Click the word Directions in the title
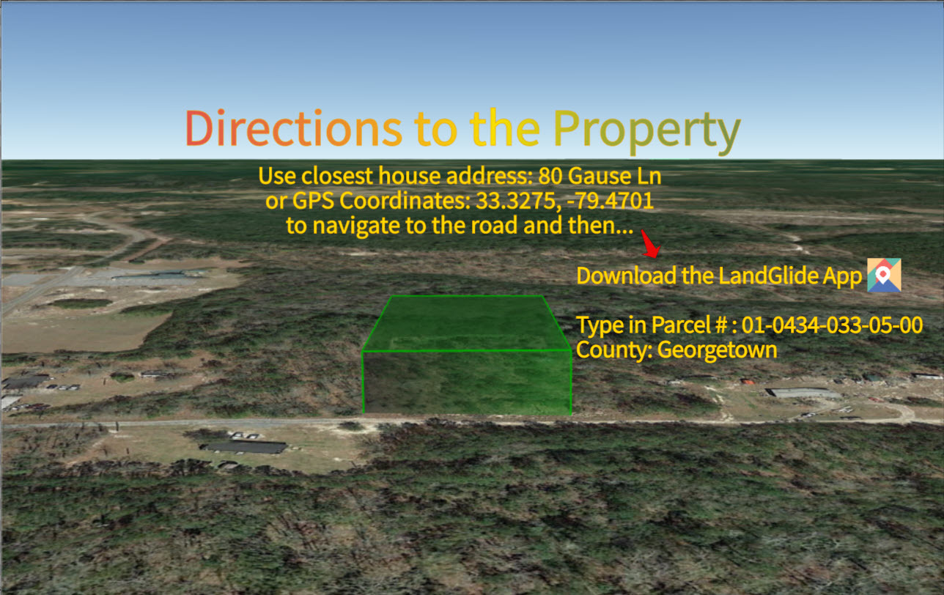tap(294, 128)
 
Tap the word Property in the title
tap(647, 130)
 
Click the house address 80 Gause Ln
tap(600, 176)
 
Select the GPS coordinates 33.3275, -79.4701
tap(564, 201)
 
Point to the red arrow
tap(651, 243)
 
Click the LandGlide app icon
tap(884, 275)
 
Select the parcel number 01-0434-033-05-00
tap(832, 325)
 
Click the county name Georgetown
tap(717, 350)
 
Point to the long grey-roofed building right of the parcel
tap(803, 393)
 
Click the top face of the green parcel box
tap(467, 323)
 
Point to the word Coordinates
tap(405, 201)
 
